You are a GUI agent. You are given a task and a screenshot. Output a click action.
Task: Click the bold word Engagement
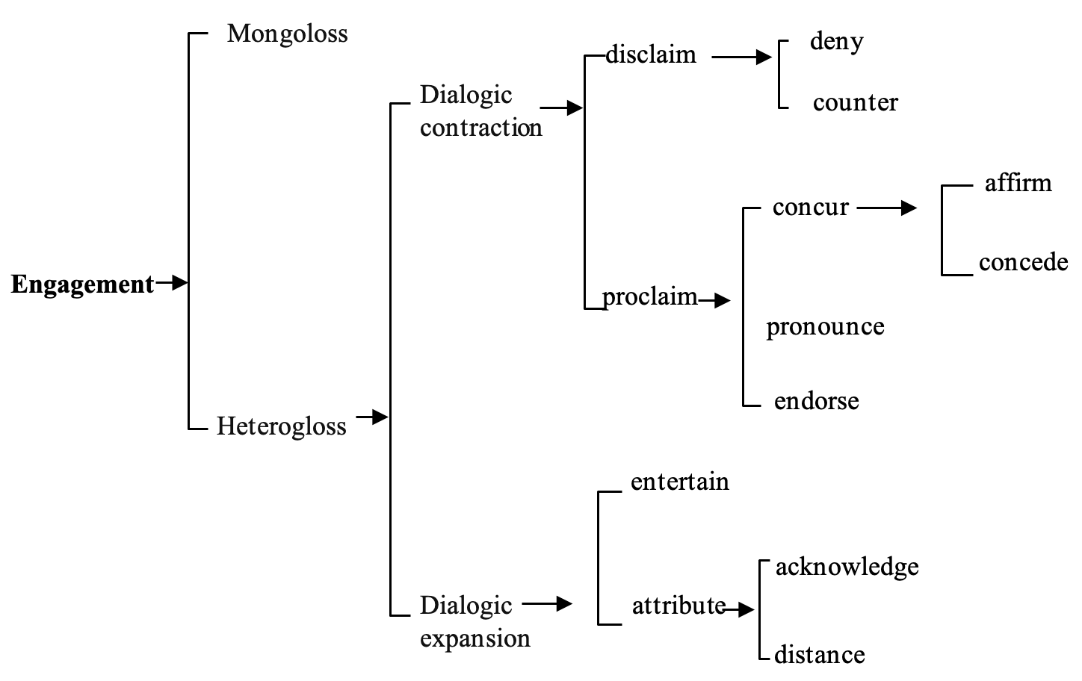point(82,284)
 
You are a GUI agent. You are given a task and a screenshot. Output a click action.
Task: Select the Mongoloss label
point(287,34)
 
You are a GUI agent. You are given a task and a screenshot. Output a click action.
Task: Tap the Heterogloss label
point(281,426)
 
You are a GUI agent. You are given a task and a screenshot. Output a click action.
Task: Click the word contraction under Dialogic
point(480,128)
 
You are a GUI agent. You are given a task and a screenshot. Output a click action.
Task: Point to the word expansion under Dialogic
point(474,638)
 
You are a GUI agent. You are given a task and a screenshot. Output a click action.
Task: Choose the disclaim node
point(650,55)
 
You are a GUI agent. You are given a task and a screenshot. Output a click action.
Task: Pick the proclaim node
point(649,297)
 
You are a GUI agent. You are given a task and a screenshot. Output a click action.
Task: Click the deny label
point(836,42)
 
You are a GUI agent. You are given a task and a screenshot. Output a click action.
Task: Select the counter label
point(855,102)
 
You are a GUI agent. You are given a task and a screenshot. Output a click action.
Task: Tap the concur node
point(810,207)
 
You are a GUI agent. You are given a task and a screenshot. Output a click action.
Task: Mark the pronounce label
point(825,327)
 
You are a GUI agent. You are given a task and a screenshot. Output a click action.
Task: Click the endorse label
point(816,401)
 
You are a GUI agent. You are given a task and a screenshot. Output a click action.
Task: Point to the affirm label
point(1018,183)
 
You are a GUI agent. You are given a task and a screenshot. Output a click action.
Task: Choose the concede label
point(1023,262)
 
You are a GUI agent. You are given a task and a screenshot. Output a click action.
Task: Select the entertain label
point(679,482)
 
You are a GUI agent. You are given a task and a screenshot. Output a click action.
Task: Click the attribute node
point(678,605)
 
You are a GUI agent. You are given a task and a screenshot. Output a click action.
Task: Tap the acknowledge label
point(847,567)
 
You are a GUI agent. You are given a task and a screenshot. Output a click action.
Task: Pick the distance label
point(819,655)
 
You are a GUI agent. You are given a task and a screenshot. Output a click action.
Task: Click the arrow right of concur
point(887,208)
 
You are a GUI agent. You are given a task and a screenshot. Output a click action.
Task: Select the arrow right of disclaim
point(741,57)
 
